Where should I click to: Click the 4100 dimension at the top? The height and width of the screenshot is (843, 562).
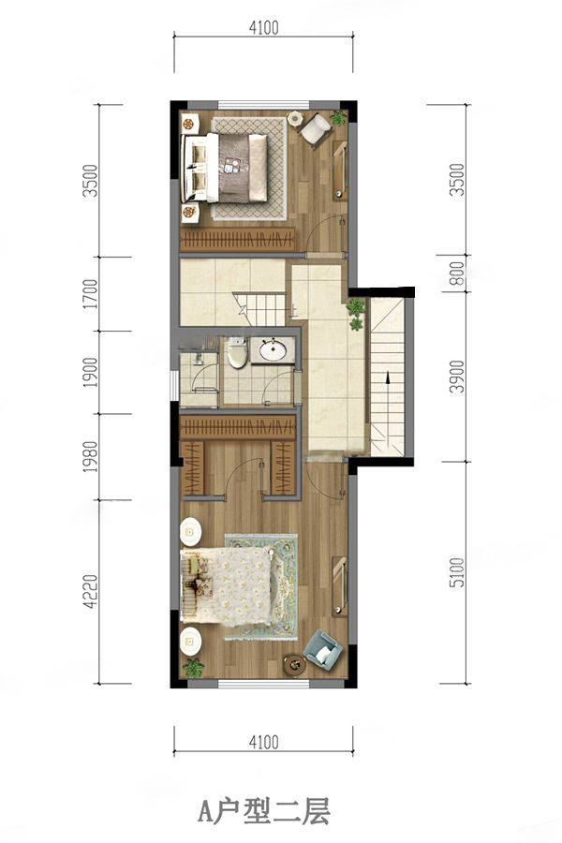(x=263, y=27)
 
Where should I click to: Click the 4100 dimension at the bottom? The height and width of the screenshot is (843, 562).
(x=263, y=743)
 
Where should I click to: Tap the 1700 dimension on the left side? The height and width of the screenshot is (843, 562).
(x=92, y=293)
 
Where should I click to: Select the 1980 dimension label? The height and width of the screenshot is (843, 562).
(x=92, y=457)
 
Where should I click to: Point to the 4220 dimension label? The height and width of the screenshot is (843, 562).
(x=92, y=591)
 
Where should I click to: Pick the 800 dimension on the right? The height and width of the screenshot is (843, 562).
(x=456, y=274)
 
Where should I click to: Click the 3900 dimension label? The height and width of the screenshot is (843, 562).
(x=456, y=377)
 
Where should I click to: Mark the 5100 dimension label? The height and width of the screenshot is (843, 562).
(x=456, y=572)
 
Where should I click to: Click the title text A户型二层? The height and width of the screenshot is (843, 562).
(x=263, y=811)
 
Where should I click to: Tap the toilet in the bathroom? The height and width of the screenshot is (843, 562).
(x=236, y=351)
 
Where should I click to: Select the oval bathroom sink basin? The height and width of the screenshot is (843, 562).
(x=274, y=351)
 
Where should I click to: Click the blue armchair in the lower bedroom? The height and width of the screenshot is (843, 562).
(x=322, y=648)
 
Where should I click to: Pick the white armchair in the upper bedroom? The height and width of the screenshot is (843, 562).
(x=315, y=128)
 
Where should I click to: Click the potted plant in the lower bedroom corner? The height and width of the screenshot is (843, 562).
(x=194, y=668)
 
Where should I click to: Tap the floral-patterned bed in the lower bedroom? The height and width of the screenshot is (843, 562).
(x=227, y=586)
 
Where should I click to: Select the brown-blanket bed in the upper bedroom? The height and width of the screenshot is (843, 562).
(x=225, y=168)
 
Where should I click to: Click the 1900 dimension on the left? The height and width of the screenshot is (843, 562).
(x=92, y=372)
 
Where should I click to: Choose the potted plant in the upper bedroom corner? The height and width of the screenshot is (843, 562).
(x=338, y=118)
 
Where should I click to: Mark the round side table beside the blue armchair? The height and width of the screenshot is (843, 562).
(x=294, y=665)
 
